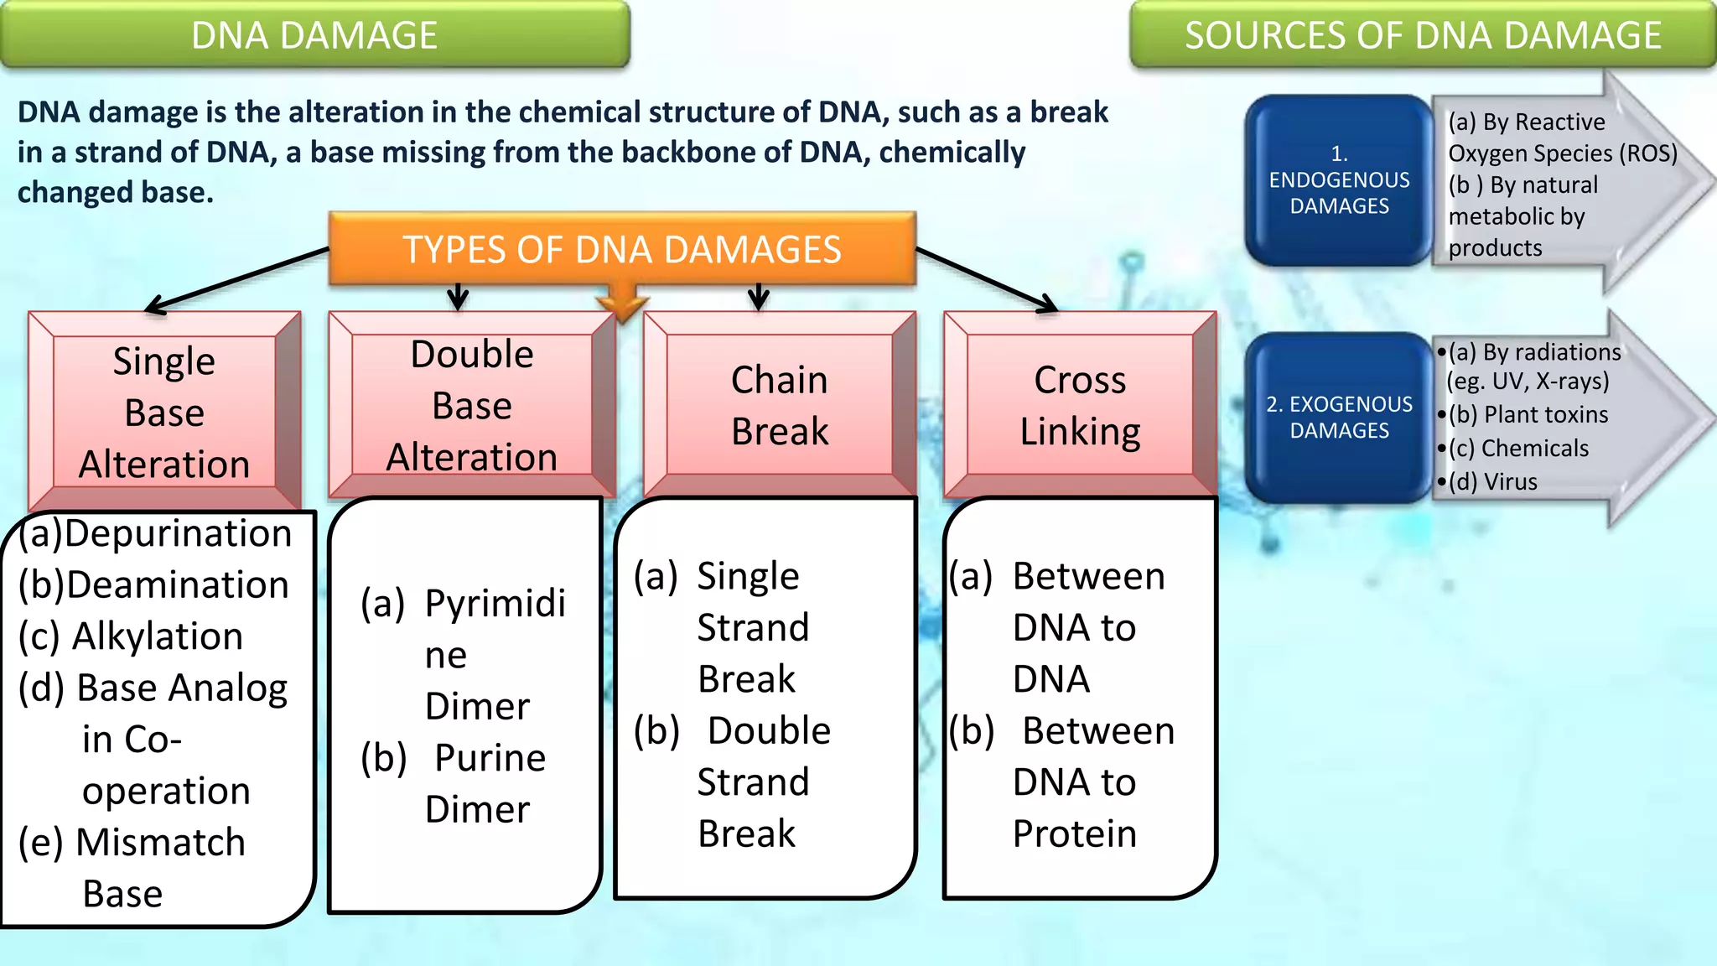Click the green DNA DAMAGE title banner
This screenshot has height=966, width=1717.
tap(314, 35)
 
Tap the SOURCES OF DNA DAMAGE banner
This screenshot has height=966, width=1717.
tap(1423, 35)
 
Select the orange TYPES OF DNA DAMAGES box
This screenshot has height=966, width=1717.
tap(621, 249)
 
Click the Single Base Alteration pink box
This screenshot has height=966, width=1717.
tap(164, 412)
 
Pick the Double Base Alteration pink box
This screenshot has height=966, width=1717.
tap(472, 405)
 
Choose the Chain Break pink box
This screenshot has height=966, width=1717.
tap(779, 405)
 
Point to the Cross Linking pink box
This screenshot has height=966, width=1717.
tap(1080, 405)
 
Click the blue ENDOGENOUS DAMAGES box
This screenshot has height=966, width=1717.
tap(1339, 180)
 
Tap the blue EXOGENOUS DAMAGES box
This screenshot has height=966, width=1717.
tap(1339, 417)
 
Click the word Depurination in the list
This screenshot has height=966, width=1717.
tap(178, 533)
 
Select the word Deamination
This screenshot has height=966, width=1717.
tap(178, 584)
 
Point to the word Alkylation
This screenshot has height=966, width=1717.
tap(158, 636)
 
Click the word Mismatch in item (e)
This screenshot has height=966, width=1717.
tap(160, 842)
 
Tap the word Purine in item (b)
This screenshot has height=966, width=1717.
tap(490, 758)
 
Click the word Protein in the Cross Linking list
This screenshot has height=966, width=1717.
tap(1075, 834)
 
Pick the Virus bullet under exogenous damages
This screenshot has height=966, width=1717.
tap(1510, 481)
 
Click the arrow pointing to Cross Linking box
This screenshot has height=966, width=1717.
tap(989, 281)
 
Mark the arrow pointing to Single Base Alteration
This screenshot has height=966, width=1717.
tap(235, 281)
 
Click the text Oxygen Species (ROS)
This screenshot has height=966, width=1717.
tap(1563, 153)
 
